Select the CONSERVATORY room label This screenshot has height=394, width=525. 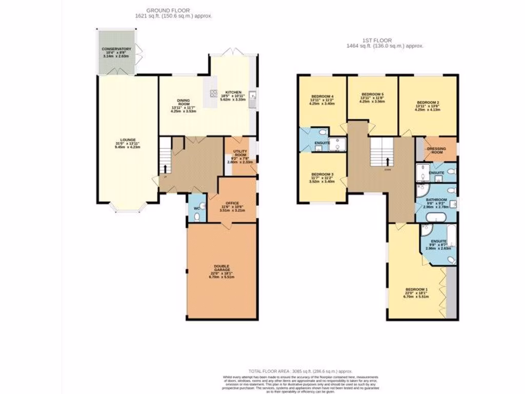(x=116, y=49)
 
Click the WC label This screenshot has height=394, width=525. (x=196, y=208)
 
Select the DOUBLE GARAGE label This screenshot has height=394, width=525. (x=222, y=268)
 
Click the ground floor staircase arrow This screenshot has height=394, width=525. (x=165, y=168)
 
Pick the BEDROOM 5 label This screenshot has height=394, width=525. (x=372, y=94)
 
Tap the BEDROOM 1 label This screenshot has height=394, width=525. (x=416, y=289)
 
